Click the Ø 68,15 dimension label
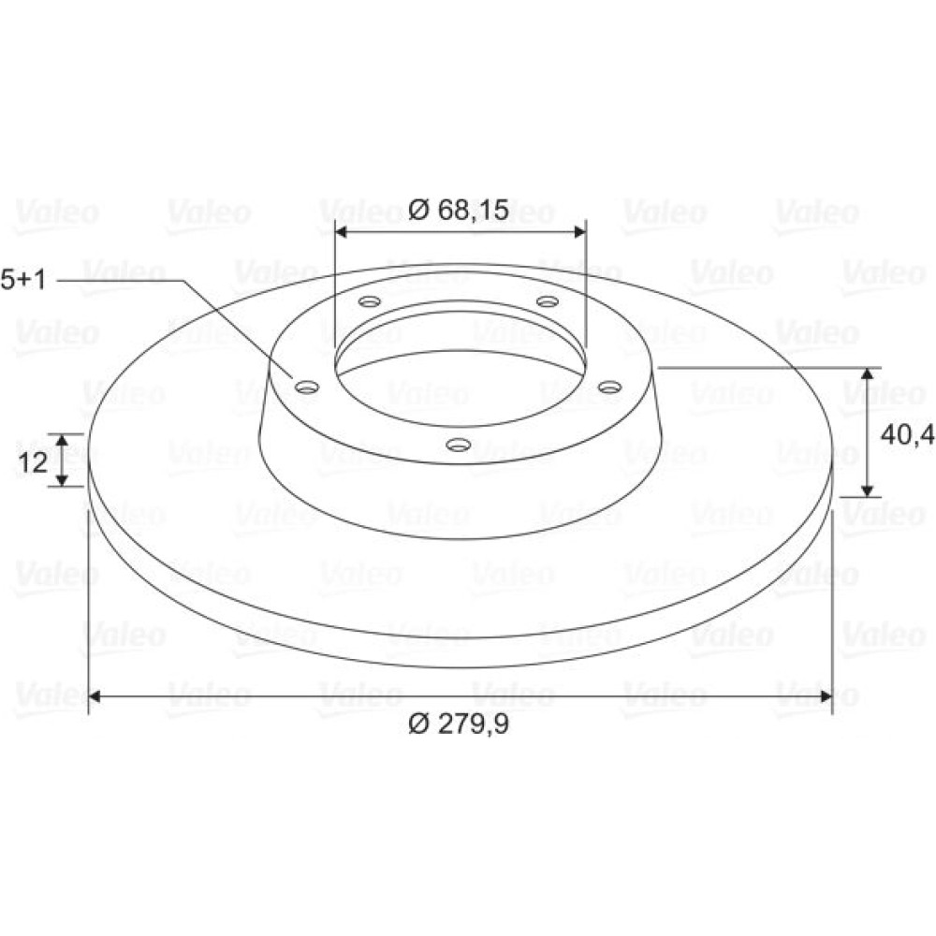click(459, 210)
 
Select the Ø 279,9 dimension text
click(459, 724)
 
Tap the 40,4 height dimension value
click(907, 435)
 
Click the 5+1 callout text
click(23, 279)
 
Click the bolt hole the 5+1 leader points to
click(307, 388)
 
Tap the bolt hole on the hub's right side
click(610, 388)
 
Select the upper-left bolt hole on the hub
click(370, 300)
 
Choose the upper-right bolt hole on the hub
click(548, 300)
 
